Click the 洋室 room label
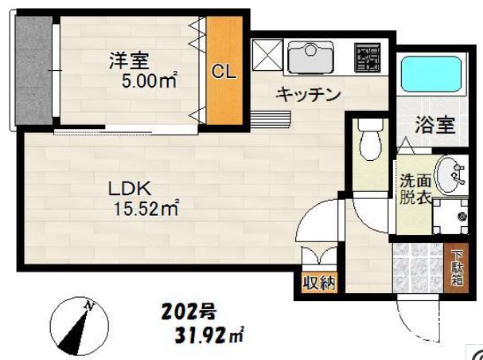(x=130, y=58)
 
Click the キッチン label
(x=308, y=95)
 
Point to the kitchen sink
(x=313, y=57)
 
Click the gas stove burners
(x=368, y=57)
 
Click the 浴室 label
(x=434, y=124)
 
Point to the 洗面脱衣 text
(x=415, y=190)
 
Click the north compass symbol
(x=80, y=325)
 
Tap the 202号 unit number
(x=189, y=311)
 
